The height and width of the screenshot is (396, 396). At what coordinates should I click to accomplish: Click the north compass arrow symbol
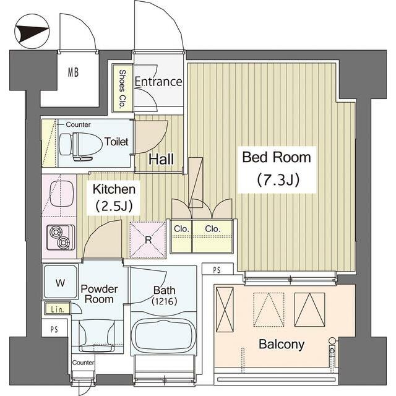coord(32,32)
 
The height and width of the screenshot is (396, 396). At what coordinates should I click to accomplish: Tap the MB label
coord(73,72)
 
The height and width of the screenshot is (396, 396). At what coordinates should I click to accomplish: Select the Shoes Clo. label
coord(123,88)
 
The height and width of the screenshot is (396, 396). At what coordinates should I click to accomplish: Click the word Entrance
coord(158,82)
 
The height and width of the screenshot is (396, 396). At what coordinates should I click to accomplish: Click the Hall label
coord(161,159)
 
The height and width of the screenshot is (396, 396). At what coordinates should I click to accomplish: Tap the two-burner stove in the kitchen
coord(61,238)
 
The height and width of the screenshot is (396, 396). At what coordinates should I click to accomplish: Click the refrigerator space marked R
coord(148,240)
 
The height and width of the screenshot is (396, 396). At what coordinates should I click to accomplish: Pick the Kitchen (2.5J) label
coord(114,198)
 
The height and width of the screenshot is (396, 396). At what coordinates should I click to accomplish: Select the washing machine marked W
coord(61,282)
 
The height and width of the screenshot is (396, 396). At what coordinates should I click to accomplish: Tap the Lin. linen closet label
coord(57,309)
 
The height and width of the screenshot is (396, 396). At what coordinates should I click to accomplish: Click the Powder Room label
coord(99,294)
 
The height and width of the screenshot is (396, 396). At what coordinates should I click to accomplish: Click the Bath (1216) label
coord(164,296)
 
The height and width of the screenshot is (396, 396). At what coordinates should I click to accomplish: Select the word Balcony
coord(282,345)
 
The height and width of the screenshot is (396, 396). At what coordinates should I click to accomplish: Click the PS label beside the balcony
coord(217,270)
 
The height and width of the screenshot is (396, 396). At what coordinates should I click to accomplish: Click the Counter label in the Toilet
coord(78,124)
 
